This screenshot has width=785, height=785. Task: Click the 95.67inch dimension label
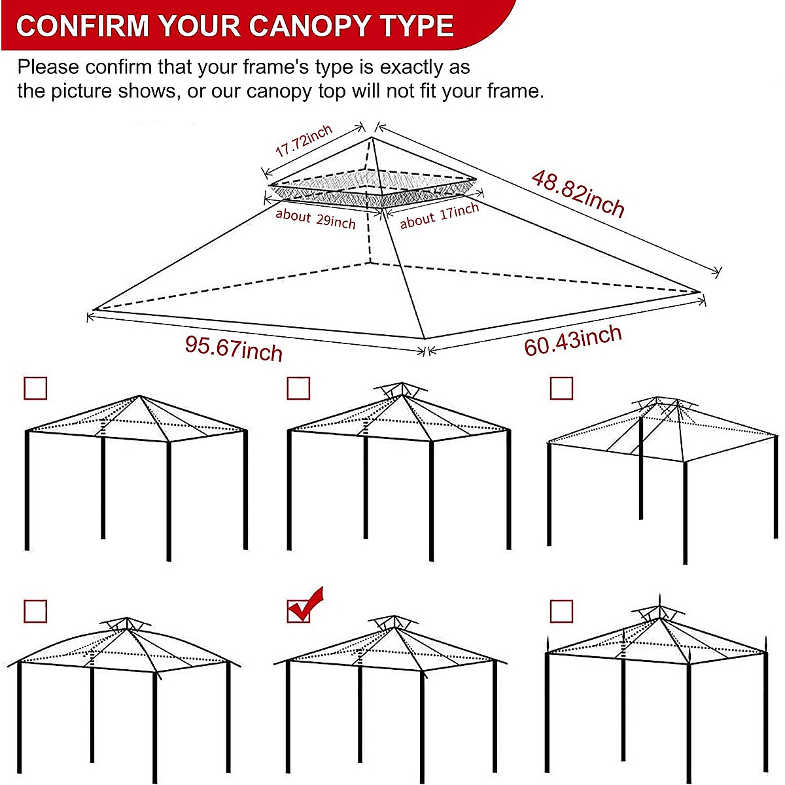coord(234,347)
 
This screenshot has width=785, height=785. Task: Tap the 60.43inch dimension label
coord(572,341)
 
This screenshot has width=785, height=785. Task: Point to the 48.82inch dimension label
coord(578,193)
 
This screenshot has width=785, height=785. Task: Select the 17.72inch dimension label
coord(304,141)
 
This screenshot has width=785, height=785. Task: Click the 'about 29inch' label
coord(315,218)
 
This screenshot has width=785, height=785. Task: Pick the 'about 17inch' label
coord(440,215)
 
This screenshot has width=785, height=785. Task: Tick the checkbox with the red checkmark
coord(299,611)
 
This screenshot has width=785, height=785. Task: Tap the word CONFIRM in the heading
coord(82,26)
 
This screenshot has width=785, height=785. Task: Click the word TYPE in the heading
coord(417,26)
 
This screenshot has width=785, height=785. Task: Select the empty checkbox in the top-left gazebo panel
coord(35,388)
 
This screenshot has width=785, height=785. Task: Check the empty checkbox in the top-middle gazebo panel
coord(298,388)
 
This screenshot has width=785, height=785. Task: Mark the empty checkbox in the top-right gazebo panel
coord(561,388)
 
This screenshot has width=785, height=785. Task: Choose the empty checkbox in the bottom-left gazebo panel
coord(35,612)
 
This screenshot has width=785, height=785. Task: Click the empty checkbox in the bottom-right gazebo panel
coord(561,612)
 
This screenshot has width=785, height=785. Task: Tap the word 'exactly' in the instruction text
coord(410,67)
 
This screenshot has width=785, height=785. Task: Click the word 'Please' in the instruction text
coord(48,67)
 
